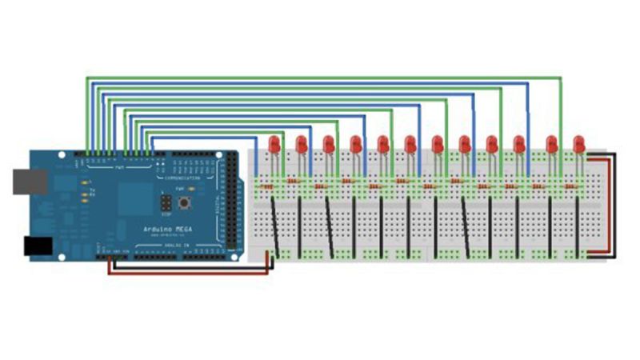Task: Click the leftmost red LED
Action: (274, 145)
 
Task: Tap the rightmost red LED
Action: (578, 145)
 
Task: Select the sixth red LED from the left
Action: (410, 145)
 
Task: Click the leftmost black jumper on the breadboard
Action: (275, 224)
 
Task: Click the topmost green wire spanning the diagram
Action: (320, 78)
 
